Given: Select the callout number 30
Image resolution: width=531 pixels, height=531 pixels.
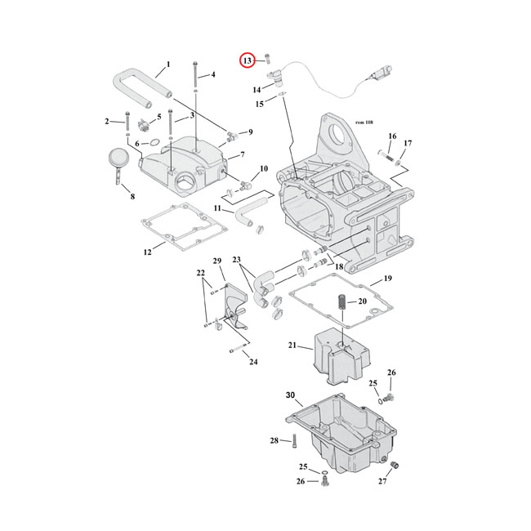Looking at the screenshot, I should pyautogui.click(x=290, y=396).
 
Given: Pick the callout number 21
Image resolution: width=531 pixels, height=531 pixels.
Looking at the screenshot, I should pyautogui.click(x=292, y=346).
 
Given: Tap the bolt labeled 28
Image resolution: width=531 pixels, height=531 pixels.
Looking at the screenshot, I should pyautogui.click(x=294, y=442).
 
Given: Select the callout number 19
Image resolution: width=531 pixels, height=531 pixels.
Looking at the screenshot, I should pyautogui.click(x=387, y=279).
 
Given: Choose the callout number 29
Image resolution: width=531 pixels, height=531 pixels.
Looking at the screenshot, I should pyautogui.click(x=217, y=261).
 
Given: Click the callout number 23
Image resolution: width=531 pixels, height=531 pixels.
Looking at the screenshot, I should pyautogui.click(x=238, y=261).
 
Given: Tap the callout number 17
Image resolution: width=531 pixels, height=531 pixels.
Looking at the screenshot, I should pyautogui.click(x=408, y=144).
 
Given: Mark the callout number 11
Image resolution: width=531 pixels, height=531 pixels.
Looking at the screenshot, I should pyautogui.click(x=218, y=208).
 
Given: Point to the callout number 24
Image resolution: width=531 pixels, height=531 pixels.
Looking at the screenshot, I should pyautogui.click(x=253, y=362).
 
